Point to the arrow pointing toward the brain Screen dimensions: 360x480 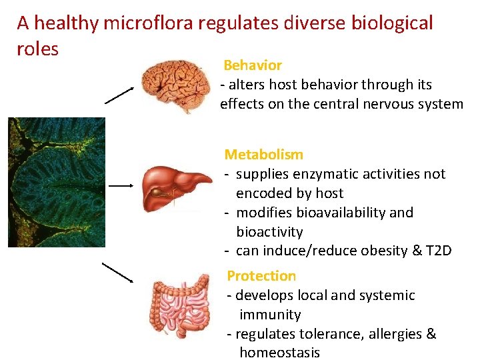point(120,95)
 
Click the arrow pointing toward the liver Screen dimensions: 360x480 point(121,185)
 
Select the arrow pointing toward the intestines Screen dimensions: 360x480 point(117,272)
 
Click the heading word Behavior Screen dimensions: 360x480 point(253,65)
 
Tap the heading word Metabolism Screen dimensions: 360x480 point(264,155)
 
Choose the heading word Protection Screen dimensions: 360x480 point(261,276)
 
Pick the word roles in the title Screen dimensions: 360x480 point(38,49)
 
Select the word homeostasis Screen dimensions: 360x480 point(279,353)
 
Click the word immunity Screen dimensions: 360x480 point(270,315)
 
